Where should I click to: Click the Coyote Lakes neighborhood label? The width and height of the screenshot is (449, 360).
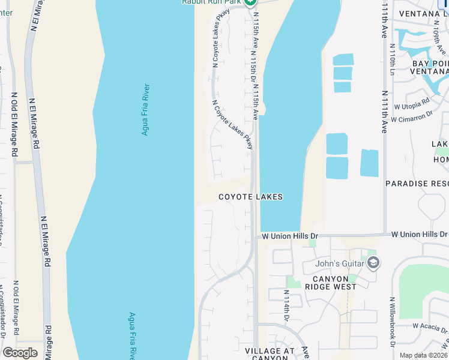250,197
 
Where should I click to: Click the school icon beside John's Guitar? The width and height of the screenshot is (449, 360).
373,263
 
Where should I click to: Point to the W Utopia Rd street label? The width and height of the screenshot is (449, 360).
411,104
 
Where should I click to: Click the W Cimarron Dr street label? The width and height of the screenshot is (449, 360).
412,116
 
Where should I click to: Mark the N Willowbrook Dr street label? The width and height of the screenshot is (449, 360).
392,322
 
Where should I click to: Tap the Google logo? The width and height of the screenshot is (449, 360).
20,353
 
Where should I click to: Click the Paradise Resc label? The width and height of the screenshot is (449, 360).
417,184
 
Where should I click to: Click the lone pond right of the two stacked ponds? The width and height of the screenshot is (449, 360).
369,163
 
